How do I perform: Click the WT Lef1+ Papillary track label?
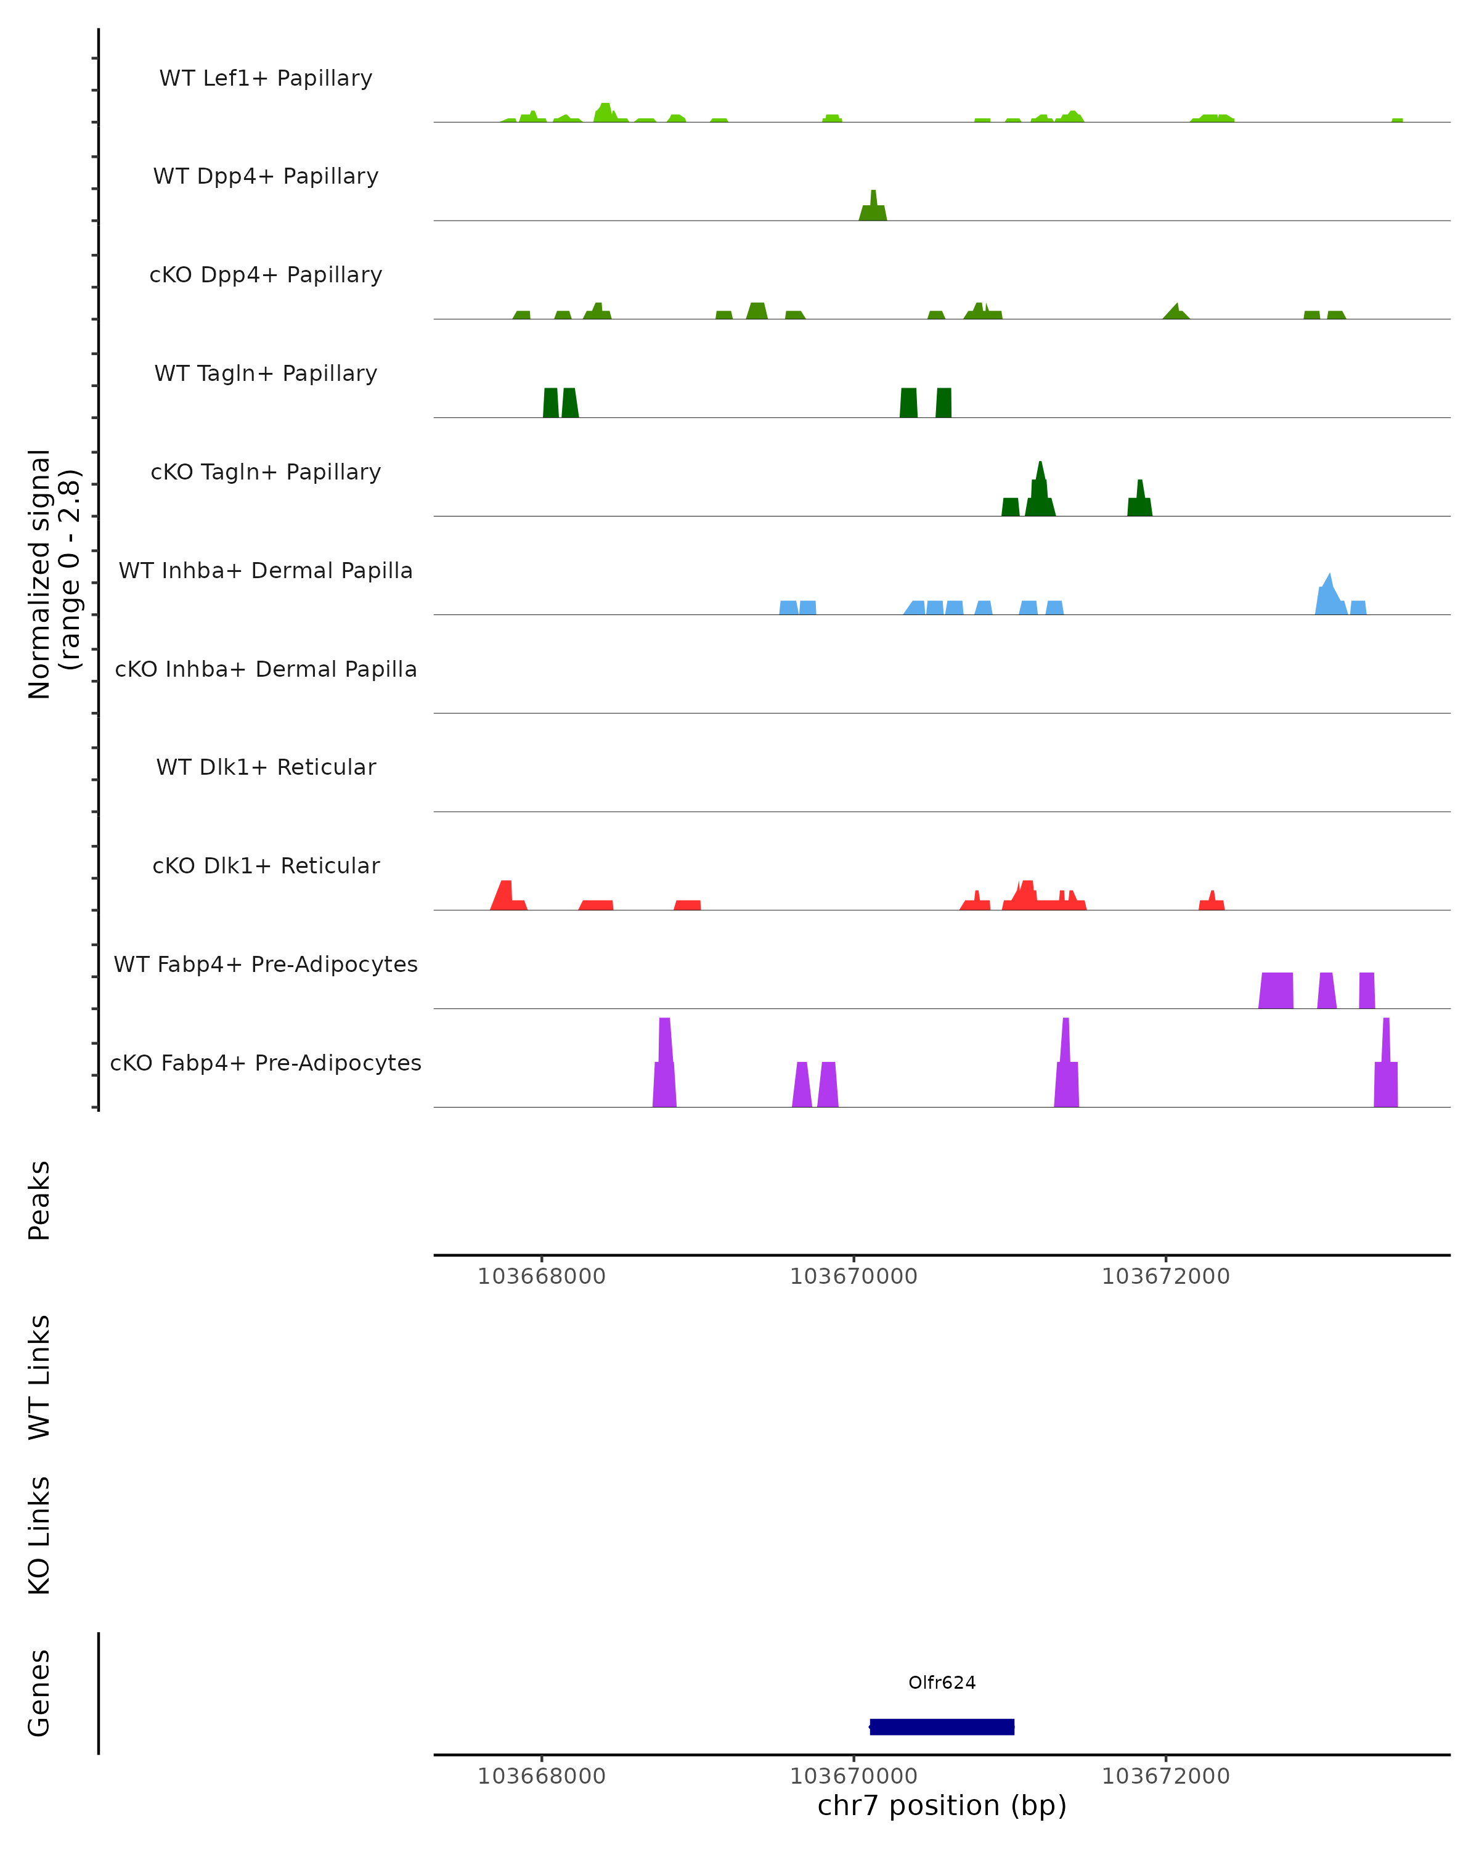tap(266, 78)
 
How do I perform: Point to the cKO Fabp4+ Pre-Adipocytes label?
tap(266, 1063)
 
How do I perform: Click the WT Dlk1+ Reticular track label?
tap(266, 767)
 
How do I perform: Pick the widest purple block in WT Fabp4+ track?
tap(1276, 990)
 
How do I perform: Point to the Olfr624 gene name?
tap(942, 1683)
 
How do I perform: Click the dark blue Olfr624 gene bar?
tap(942, 1726)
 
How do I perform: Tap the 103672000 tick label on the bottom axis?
tap(1165, 1776)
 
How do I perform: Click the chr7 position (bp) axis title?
tap(942, 1806)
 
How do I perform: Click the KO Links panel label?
tap(39, 1536)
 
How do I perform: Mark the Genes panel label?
tap(39, 1693)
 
